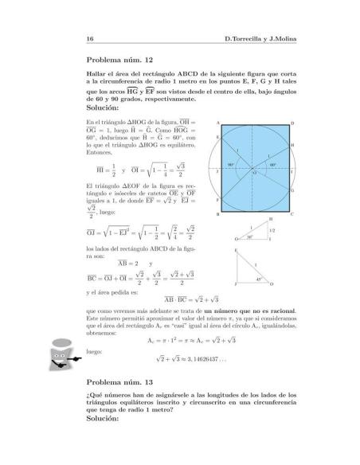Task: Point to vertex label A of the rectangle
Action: [217, 123]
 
